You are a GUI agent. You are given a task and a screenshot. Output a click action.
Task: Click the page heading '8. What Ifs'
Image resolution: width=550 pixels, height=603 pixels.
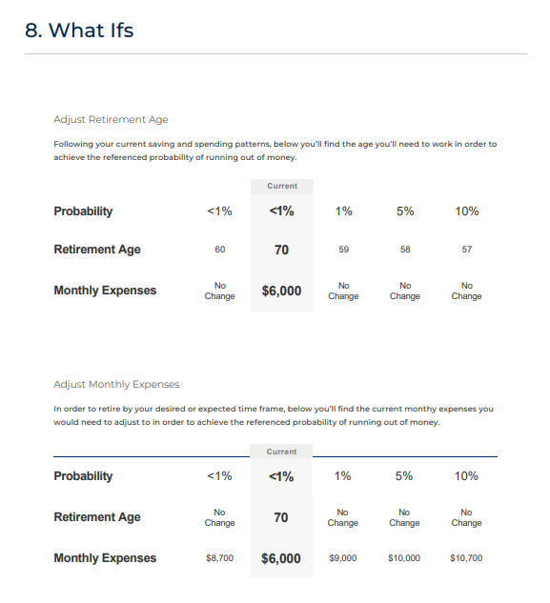[79, 30]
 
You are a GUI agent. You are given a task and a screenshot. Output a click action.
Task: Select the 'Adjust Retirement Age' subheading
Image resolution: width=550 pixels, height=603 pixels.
[111, 120]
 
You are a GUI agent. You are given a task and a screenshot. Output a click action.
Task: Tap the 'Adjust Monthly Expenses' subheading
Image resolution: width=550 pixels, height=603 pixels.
[116, 384]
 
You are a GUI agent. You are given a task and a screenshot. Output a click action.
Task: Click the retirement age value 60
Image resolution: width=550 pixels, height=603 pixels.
[220, 250]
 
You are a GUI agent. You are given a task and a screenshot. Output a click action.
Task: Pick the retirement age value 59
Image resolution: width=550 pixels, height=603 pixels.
[343, 250]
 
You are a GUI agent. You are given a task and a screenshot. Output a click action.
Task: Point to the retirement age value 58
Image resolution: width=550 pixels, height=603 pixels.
[405, 250]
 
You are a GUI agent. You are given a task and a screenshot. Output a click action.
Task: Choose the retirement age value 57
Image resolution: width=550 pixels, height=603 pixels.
[466, 250]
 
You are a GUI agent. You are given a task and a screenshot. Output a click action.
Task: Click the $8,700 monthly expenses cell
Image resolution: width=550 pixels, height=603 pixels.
[220, 558]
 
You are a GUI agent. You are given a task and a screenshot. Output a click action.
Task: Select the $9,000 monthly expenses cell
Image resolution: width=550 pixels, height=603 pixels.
[342, 558]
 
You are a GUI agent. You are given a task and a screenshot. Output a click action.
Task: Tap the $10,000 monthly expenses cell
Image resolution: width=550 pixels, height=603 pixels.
[404, 558]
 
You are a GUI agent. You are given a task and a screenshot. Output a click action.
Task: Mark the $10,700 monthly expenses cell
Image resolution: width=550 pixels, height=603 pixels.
[466, 558]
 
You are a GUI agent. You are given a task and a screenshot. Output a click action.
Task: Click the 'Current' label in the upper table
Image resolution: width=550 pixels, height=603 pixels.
[282, 186]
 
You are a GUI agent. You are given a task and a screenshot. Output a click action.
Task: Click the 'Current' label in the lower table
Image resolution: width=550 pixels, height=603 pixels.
[281, 452]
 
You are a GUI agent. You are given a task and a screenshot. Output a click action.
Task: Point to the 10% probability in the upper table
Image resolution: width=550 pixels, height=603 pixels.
[467, 211]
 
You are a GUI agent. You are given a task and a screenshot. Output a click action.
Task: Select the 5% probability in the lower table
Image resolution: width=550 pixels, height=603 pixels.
[404, 476]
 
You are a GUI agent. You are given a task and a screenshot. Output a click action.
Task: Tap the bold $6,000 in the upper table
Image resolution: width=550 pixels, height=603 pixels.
[281, 291]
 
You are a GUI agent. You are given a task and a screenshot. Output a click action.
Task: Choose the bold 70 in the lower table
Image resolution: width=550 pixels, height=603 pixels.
[281, 517]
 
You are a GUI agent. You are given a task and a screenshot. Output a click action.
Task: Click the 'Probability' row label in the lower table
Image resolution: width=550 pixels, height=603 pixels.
[83, 476]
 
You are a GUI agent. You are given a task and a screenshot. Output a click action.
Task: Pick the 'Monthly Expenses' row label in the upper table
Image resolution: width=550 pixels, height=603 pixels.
[105, 291]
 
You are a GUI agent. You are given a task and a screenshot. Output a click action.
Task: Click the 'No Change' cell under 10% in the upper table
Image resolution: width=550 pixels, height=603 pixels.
[466, 291]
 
